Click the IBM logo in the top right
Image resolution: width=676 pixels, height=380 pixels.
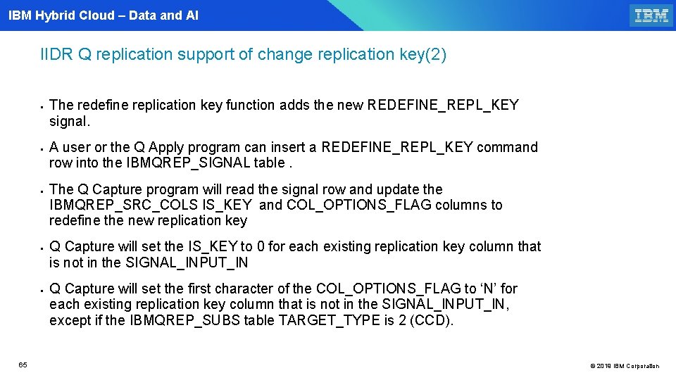(x=651, y=15)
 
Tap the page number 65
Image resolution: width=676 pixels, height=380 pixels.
(x=23, y=365)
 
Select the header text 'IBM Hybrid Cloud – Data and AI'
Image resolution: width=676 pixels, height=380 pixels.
(x=104, y=15)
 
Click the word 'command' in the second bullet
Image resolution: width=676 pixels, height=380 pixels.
(x=507, y=148)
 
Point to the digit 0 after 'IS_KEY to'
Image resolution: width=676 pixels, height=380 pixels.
(x=260, y=247)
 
